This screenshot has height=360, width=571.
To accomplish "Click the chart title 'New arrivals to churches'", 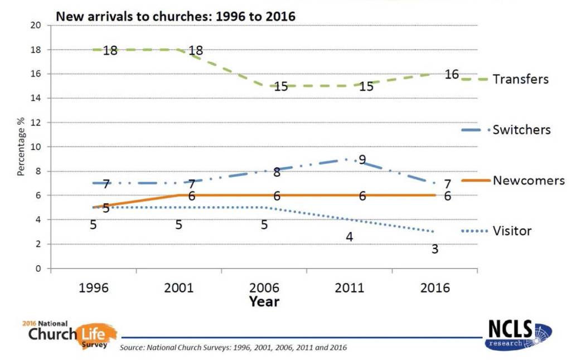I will pyautogui.click(x=175, y=17).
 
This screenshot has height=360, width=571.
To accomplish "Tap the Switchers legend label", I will pyautogui.click(x=522, y=130).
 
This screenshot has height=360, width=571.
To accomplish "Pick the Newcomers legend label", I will pyautogui.click(x=529, y=181).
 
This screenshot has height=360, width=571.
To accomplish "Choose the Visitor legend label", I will pyautogui.click(x=511, y=231).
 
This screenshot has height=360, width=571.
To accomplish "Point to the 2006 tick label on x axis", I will pyautogui.click(x=264, y=288).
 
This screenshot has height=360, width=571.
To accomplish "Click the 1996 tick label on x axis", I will pyautogui.click(x=94, y=288).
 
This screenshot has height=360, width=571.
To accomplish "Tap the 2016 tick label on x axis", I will pyautogui.click(x=434, y=288).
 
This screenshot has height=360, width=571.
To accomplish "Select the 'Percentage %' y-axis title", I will pyautogui.click(x=21, y=147).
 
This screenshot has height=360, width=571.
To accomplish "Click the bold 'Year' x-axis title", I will pyautogui.click(x=264, y=301).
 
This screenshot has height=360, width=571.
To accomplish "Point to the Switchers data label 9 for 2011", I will pyautogui.click(x=362, y=160).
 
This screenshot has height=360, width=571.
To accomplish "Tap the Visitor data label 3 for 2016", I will pyautogui.click(x=435, y=249).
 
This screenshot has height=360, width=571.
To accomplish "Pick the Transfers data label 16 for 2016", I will pyautogui.click(x=452, y=74).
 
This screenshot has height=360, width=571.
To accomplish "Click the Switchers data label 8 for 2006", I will pyautogui.click(x=277, y=172).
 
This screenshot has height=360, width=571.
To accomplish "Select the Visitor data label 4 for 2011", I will pyautogui.click(x=350, y=237).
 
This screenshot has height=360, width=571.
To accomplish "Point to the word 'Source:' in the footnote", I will pyautogui.click(x=132, y=348).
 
